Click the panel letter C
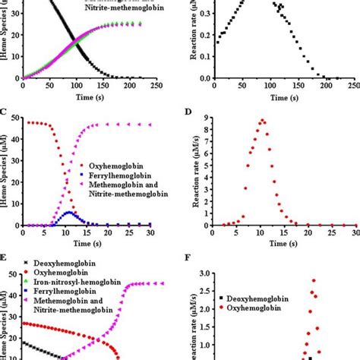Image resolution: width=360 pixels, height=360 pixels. pos(5,113)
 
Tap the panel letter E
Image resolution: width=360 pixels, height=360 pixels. pos(5,257)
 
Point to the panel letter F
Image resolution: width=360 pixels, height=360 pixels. pos(189,257)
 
